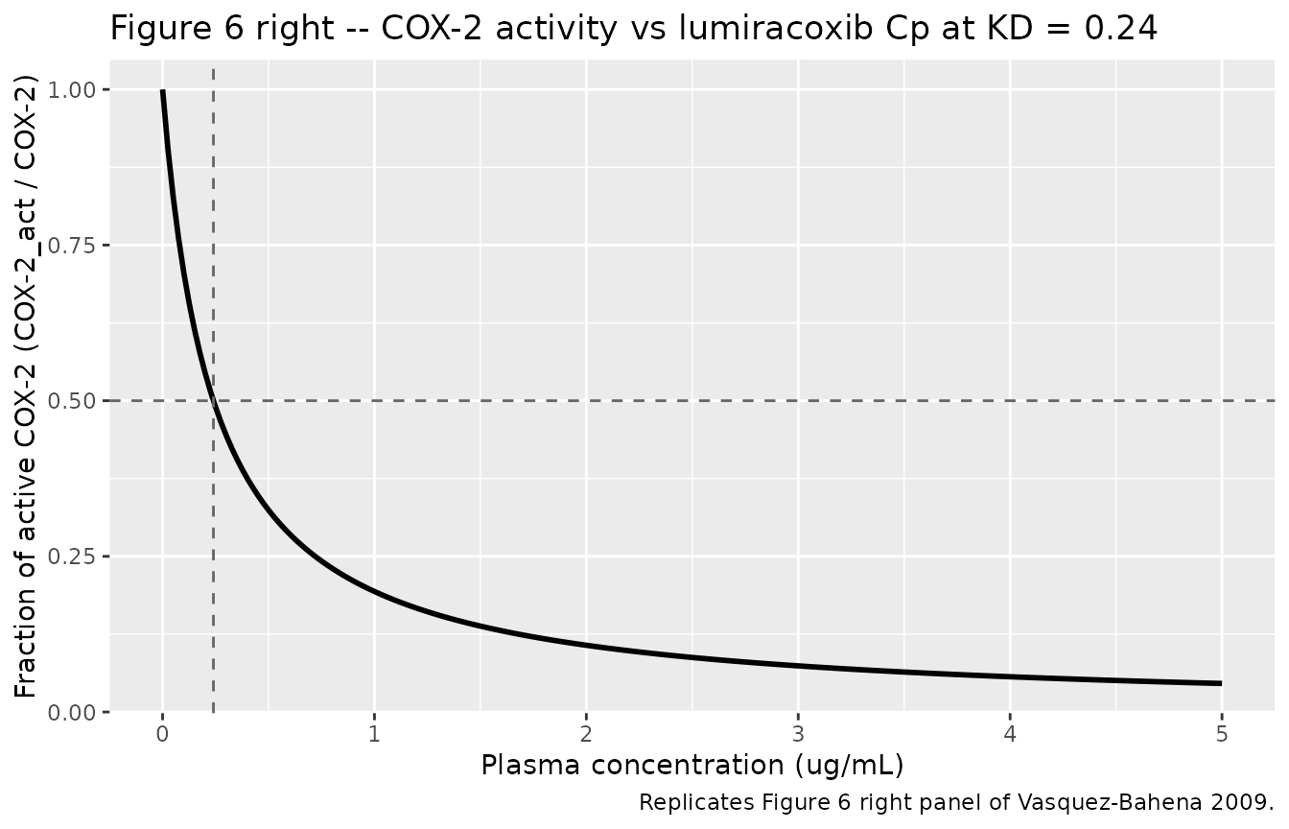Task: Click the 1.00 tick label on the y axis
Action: (72, 90)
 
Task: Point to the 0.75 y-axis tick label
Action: (72, 246)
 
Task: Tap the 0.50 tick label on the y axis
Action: (72, 401)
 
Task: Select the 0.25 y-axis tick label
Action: (72, 557)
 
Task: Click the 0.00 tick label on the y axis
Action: (72, 713)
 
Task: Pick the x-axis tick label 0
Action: (163, 735)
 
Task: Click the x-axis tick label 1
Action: (375, 735)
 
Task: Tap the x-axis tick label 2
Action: (586, 735)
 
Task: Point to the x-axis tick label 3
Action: (798, 735)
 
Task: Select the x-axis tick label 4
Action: (1010, 735)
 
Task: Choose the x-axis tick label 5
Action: (1222, 735)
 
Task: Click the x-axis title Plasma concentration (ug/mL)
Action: (692, 767)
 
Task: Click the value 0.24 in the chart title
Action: (1120, 29)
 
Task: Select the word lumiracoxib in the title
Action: (776, 29)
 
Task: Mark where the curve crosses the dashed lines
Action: (214, 401)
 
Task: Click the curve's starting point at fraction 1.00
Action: (163, 90)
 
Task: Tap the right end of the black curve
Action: (1221, 683)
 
